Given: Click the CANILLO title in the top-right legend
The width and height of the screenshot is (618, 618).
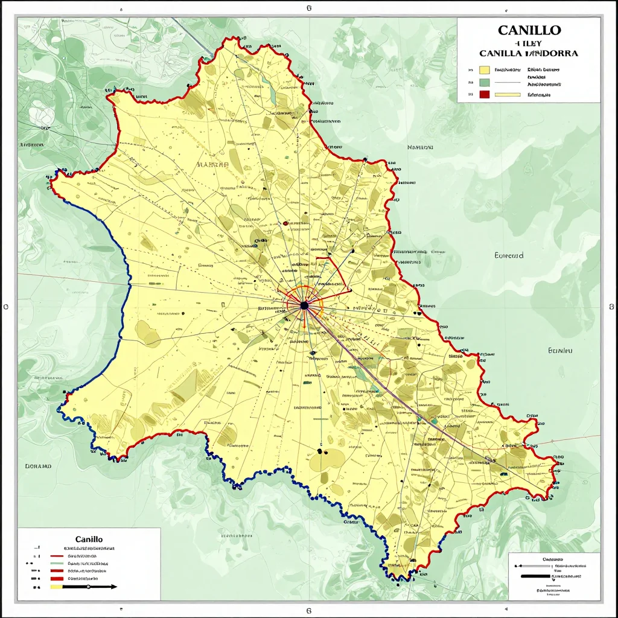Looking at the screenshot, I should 529,30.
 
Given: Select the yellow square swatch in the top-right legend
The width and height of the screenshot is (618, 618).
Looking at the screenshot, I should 484,69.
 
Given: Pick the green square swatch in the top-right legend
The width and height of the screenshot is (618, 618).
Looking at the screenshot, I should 484,82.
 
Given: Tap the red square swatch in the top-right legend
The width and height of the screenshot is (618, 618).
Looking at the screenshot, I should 484,95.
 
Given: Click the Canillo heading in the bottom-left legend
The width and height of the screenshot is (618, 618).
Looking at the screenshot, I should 89,538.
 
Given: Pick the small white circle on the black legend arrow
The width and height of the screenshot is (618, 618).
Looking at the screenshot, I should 88,586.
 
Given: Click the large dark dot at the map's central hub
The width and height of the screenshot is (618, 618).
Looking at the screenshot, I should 304,305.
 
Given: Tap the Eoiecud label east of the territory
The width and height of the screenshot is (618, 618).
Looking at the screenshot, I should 509,255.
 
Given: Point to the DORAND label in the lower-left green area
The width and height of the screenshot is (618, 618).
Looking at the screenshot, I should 38,466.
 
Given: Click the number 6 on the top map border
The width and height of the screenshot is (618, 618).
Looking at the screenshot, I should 308,8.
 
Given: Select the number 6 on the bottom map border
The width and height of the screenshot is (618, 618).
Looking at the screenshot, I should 308,610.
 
